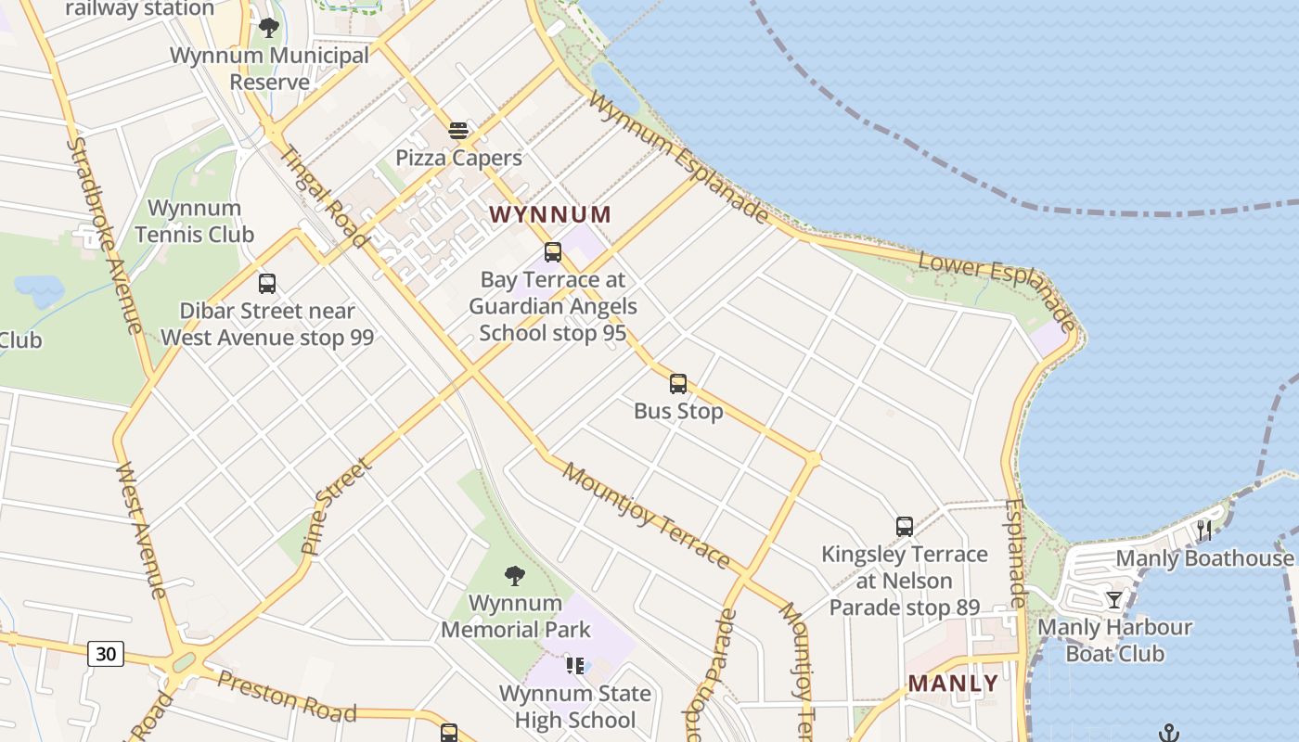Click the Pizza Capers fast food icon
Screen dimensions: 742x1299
pos(458,131)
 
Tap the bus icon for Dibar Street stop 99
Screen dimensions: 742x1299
pos(267,284)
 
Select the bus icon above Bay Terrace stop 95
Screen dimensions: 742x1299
pos(553,252)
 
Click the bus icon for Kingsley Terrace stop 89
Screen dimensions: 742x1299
pos(905,527)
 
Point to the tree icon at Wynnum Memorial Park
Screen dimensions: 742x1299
pos(515,576)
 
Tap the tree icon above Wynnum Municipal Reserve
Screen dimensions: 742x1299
pos(269,28)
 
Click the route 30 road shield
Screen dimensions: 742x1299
pos(106,654)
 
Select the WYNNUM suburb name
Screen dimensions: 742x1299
pos(550,215)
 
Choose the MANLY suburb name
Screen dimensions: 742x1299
pos(953,684)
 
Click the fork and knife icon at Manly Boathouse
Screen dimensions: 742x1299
pos(1204,531)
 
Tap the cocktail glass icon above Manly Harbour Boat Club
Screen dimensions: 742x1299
pos(1114,600)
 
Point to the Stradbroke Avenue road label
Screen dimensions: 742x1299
pos(104,236)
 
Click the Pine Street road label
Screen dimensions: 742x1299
pos(336,505)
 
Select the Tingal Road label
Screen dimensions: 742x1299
pos(323,198)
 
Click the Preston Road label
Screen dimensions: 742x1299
pos(286,697)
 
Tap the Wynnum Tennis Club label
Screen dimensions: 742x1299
pos(194,222)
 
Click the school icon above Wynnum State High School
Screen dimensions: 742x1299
pos(575,665)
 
